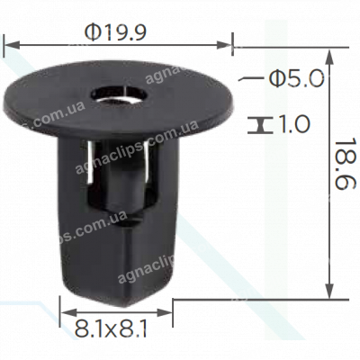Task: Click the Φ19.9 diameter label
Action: pos(116,30)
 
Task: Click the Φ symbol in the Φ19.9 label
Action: pos(93,30)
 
